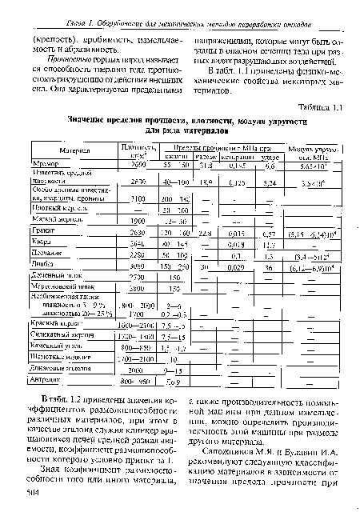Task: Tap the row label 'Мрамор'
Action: [46, 164]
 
